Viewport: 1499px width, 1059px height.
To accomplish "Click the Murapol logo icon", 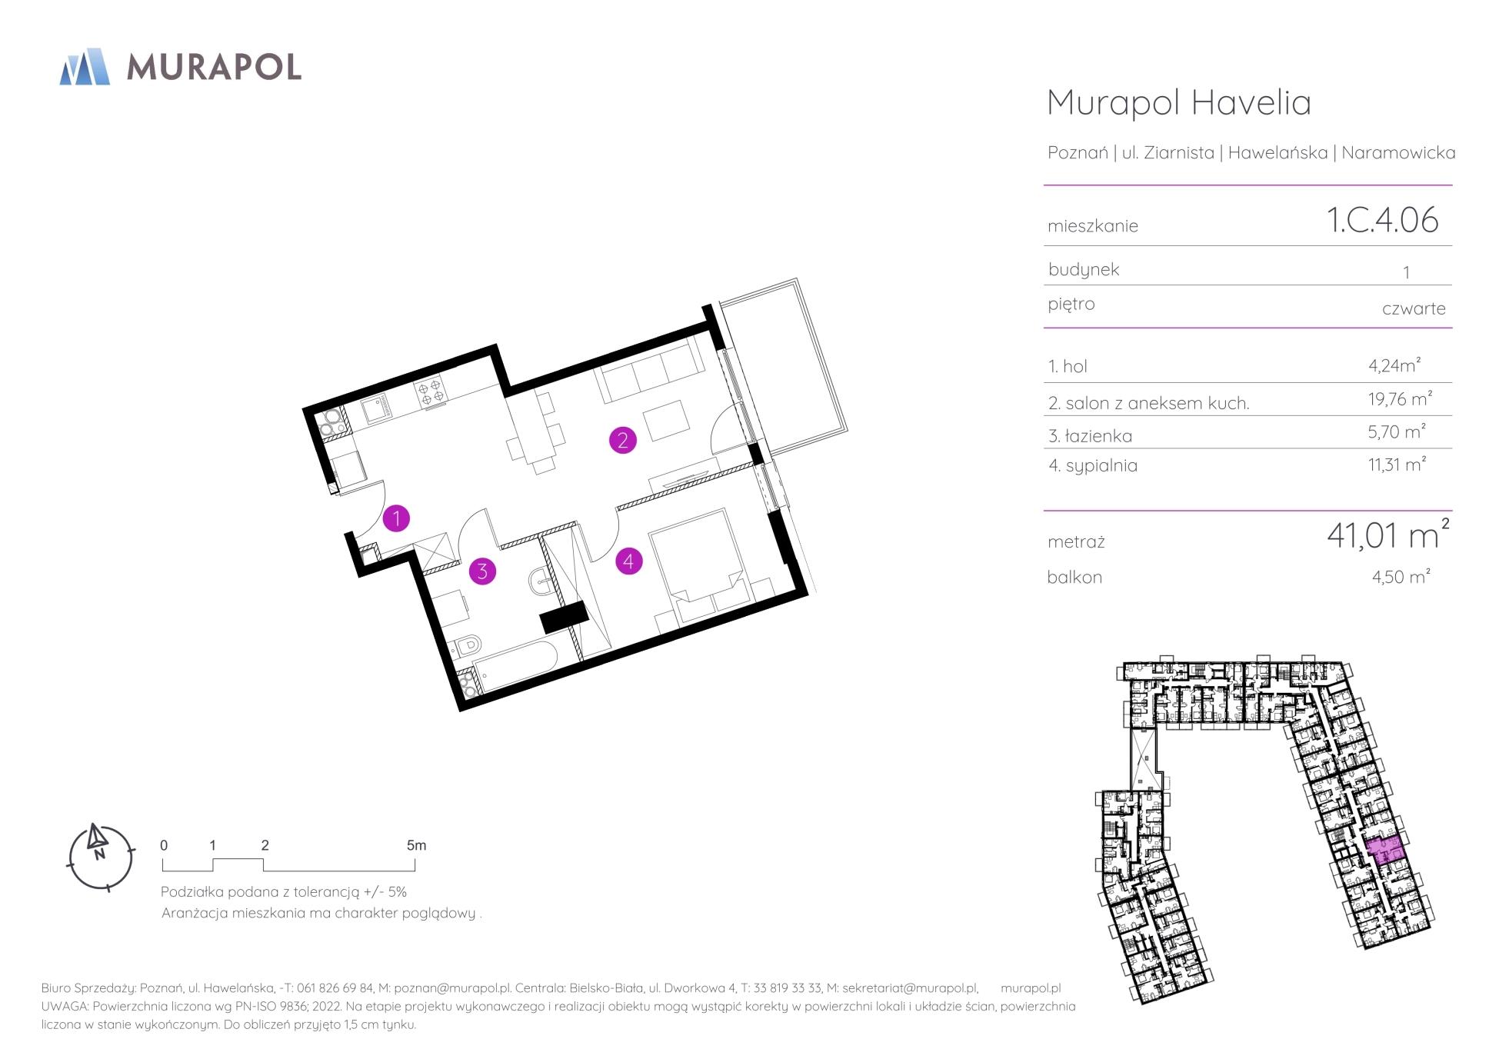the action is click(x=85, y=66).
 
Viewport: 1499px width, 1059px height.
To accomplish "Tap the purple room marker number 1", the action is click(x=396, y=518).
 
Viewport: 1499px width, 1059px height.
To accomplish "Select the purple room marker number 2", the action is click(x=622, y=440).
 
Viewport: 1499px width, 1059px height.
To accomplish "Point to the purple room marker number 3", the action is click(x=482, y=571).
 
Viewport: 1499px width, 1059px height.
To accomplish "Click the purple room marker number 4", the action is click(x=628, y=561).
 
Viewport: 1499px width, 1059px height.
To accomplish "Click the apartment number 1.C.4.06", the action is click(x=1382, y=220).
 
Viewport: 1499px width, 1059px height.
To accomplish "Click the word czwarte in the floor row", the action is click(x=1414, y=308).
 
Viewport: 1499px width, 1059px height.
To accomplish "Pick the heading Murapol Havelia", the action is click(x=1179, y=102).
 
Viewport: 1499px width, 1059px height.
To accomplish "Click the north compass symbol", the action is click(x=101, y=857).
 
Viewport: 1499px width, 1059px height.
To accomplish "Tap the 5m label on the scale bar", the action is click(x=416, y=845).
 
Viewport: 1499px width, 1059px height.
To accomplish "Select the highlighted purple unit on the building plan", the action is click(x=1385, y=850).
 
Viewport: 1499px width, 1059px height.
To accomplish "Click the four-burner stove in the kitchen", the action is click(x=431, y=391).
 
